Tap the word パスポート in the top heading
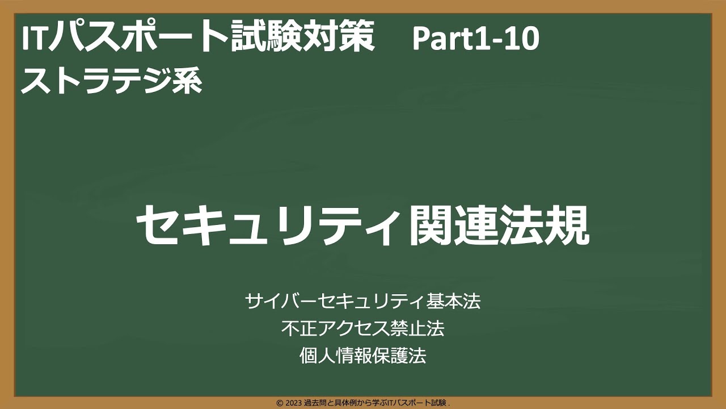(x=137, y=37)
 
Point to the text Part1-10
(x=476, y=39)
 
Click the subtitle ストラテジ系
(x=112, y=81)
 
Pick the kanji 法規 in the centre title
(x=544, y=226)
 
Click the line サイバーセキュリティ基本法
(x=363, y=301)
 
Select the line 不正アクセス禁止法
(x=363, y=328)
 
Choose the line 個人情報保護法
(x=363, y=356)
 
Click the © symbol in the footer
(x=280, y=403)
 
